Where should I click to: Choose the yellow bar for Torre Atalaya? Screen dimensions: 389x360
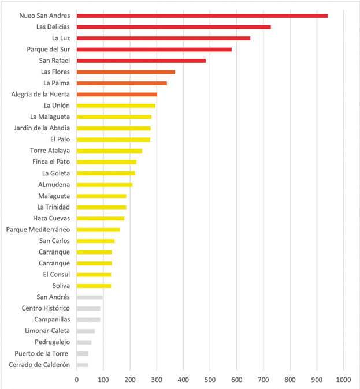109,151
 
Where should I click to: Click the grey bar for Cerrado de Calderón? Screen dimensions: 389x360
82,365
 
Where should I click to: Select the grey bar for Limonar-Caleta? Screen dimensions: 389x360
86,331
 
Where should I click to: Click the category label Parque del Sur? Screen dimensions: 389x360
49,50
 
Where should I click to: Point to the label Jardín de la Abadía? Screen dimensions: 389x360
42,128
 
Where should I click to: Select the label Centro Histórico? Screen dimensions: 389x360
46,308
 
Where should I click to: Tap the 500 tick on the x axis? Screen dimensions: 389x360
210,380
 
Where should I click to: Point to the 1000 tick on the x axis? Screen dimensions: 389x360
343,380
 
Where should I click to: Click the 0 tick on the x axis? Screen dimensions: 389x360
77,380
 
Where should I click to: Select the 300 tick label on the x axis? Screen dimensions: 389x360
157,380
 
